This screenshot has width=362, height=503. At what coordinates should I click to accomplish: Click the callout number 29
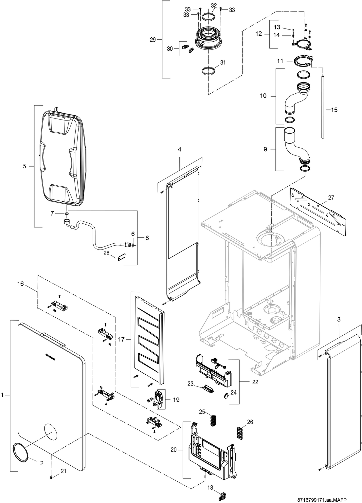[153, 39]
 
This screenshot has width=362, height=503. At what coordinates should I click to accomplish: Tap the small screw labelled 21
[51, 477]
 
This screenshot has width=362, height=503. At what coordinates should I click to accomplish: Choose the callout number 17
[121, 339]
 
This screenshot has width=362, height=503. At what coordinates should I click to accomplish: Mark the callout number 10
[263, 96]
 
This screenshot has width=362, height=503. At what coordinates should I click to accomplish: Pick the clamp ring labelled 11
[303, 61]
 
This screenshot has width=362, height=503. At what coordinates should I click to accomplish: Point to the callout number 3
[338, 319]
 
